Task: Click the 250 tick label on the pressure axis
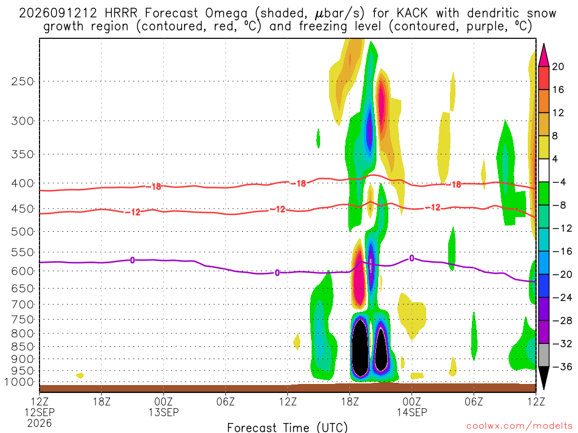coord(22,81)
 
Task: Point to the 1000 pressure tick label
coord(19,382)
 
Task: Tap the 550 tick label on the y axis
coord(22,253)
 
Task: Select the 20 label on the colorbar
coord(558,67)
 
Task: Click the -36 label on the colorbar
coord(562,366)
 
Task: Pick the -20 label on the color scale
coord(562,275)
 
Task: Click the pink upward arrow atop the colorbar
coord(544,55)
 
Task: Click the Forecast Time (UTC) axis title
coord(287,427)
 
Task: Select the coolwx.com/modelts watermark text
coord(519,426)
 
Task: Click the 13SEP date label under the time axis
coord(163,412)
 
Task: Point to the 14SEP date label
coord(411,412)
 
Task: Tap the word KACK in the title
coord(411,14)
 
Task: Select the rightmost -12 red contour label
coord(433,207)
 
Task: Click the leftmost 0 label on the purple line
coord(132,260)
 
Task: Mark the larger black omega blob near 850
coord(360,347)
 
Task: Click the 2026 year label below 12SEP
coord(40,423)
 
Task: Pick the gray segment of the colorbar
coord(544,355)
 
